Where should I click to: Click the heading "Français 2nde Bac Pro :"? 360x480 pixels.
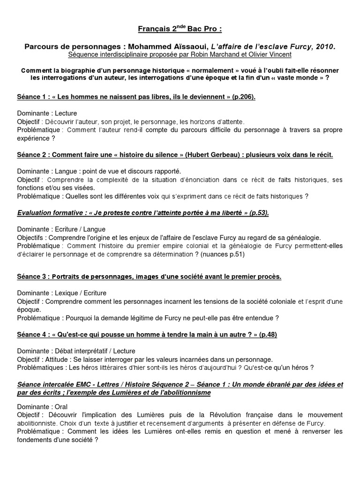tap(180, 30)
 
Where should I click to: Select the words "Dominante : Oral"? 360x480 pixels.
tap(40, 406)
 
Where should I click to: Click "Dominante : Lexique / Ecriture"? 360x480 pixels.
tap(62, 293)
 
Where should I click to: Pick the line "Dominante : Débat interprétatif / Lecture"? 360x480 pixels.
tap(76, 351)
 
